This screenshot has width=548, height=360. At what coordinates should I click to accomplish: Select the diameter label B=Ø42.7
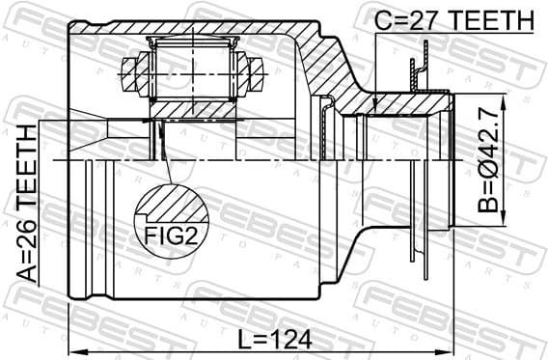tap(492, 160)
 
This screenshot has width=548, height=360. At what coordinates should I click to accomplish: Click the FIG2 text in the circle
tap(172, 235)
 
